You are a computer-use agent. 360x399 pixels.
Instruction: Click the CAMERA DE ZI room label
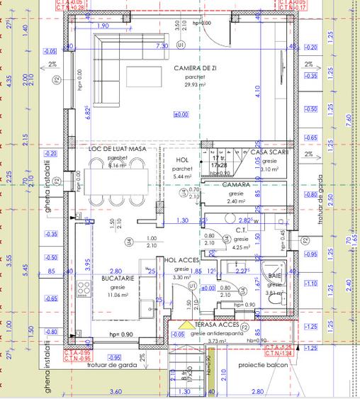pyautogui.click(x=194, y=68)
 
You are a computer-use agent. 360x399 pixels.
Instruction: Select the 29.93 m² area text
pyautogui.click(x=194, y=84)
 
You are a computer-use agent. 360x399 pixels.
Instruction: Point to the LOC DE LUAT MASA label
pyautogui.click(x=116, y=149)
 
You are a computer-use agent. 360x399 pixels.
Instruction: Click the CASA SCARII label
pyautogui.click(x=269, y=152)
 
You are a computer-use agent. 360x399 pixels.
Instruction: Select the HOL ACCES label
pyautogui.click(x=180, y=260)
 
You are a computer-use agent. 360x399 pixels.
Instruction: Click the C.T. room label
pyautogui.click(x=240, y=230)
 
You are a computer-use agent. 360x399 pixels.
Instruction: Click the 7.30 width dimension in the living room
pyautogui.click(x=162, y=45)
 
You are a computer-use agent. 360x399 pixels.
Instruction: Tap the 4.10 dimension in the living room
pyautogui.click(x=263, y=90)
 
